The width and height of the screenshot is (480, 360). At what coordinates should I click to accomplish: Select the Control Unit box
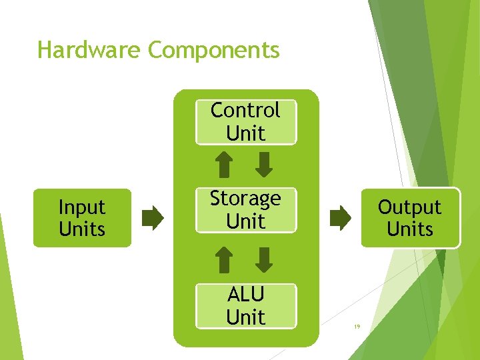pos(245,121)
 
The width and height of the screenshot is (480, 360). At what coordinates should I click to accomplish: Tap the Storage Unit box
pos(245,210)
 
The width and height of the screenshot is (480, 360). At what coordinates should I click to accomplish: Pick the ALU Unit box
pos(245,305)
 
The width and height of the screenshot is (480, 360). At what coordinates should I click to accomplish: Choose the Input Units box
pos(82,219)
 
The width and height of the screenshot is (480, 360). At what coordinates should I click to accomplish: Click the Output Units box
pos(410,219)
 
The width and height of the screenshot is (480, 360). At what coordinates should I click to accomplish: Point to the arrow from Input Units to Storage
pos(153,218)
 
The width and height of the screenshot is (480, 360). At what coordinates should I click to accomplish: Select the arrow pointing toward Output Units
pos(340,218)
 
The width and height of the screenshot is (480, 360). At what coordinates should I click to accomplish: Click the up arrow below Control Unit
pos(225,165)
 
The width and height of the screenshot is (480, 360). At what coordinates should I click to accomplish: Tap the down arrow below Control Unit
pos(265,165)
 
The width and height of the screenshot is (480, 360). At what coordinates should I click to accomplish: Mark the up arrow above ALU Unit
pos(225,260)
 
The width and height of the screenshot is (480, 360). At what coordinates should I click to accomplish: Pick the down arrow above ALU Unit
pos(265,260)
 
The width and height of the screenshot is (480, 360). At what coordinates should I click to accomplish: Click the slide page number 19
pos(357,327)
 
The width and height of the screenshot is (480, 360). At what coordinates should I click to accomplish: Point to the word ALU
pos(245,294)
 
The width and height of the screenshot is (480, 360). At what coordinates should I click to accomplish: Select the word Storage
pos(245,199)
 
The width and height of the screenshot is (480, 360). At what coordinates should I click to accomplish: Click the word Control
pos(245,110)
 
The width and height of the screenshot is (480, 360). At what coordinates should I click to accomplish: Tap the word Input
pos(82,208)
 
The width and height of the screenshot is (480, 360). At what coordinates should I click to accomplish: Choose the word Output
pos(410,207)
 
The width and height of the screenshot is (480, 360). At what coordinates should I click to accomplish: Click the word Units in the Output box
pos(410,229)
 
